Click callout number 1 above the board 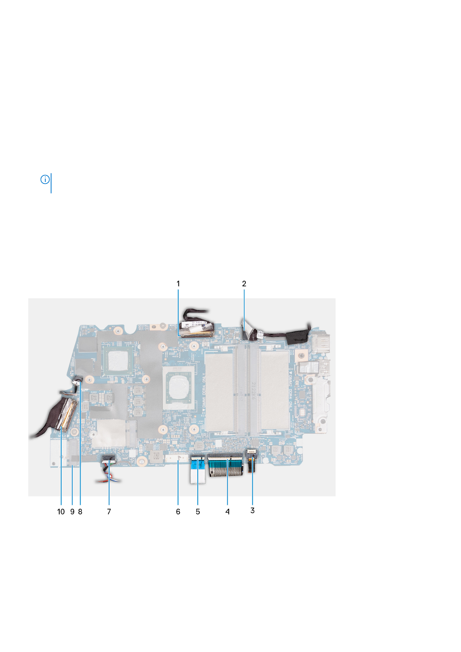178,284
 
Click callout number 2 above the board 244,284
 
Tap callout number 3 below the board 252,510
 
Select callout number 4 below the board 228,511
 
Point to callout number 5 198,511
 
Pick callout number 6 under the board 178,511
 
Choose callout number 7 109,511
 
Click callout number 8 80,511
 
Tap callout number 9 72,511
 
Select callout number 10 61,511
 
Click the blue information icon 45,180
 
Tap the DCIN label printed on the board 245,342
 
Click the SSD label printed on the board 76,438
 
